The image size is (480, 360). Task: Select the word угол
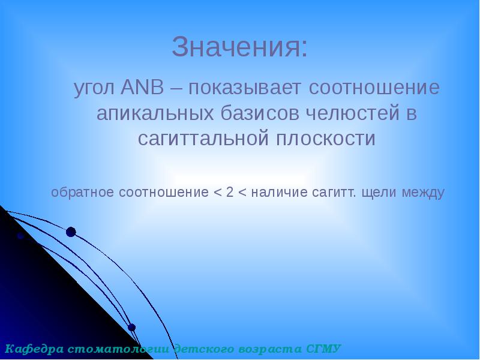[x=94, y=89]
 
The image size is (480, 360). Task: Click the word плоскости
[x=326, y=139]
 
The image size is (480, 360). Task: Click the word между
[x=424, y=193]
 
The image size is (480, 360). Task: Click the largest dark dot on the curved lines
[x=71, y=232]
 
